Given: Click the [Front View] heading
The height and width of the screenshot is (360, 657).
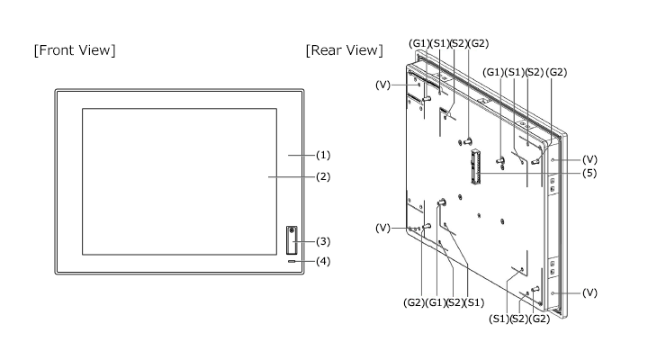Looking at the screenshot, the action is pos(75,50).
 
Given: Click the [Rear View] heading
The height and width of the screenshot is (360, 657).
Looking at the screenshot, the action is pos(345,50).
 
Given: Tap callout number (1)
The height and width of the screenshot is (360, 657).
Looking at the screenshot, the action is pos(323,155).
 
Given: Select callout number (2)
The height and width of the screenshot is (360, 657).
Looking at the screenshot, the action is pos(323,177).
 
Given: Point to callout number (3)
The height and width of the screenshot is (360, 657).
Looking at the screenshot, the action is pos(323,241).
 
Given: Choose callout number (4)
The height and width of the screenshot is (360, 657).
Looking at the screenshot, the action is pos(323,262).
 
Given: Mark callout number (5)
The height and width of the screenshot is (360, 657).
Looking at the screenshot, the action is pos(589,173).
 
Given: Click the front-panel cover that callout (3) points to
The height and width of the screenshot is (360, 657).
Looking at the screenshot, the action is pos(292,240).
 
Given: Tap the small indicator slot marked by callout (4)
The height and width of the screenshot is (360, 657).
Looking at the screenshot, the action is pos(292,262).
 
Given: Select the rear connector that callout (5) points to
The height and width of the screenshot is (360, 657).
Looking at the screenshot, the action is pos(475,166).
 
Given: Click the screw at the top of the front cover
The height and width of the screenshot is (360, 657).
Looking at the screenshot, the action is pos(292,229).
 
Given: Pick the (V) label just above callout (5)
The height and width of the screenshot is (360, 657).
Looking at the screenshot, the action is pos(589,159).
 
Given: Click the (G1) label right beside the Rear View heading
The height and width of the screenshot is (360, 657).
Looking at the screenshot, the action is pos(419,43).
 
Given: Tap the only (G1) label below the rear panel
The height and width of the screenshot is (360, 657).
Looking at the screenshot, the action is pos(436,302).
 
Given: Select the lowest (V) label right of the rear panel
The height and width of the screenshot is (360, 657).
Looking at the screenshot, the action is pos(589,292).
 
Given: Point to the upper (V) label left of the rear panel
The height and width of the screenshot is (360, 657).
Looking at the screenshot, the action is pos(382,85).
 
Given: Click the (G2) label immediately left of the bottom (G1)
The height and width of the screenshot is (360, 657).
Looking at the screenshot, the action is pos(414,302).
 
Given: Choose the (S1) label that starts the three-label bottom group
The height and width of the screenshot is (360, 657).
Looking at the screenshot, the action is pos(499,319).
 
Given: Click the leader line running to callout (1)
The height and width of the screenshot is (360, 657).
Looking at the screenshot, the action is pos(301,155).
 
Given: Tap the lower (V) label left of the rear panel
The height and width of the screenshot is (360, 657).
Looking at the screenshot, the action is pos(382,228).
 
